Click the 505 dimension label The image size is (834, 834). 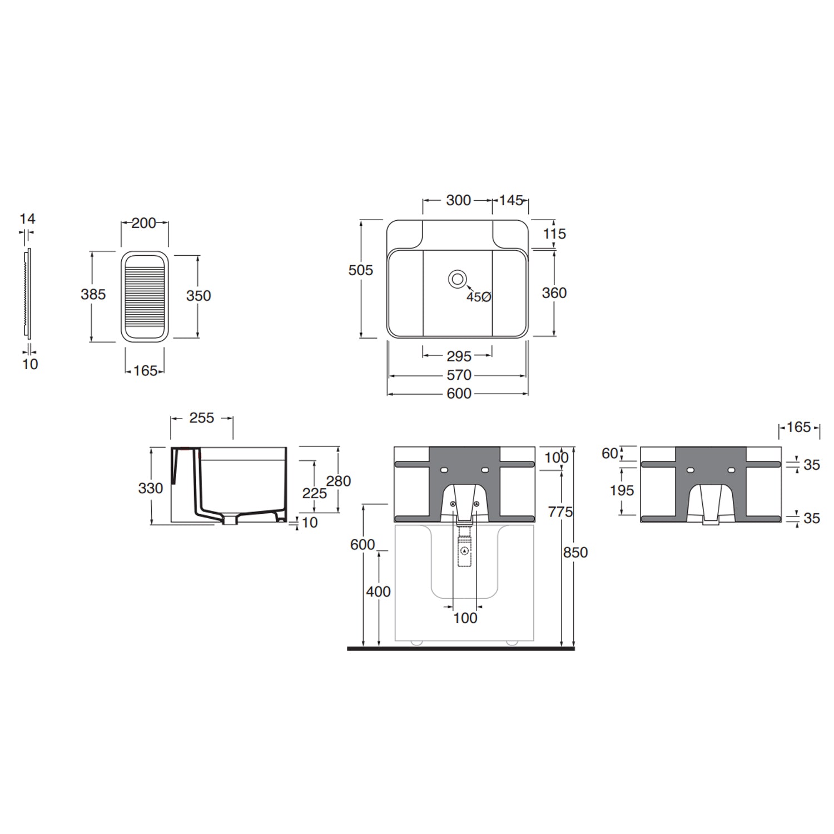tap(360, 270)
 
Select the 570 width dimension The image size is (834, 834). tap(459, 375)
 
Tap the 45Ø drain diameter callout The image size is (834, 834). tap(478, 297)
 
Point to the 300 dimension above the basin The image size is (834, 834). tap(458, 200)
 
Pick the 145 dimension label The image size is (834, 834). tap(510, 200)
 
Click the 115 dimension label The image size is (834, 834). tap(554, 234)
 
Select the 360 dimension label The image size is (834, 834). tap(554, 293)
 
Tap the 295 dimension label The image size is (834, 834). tap(459, 356)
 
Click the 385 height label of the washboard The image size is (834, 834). tap(93, 294)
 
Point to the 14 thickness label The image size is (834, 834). tap(27, 219)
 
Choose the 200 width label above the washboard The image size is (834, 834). tap(143, 223)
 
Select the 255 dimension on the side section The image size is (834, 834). tap(201, 418)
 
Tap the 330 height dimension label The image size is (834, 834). tap(150, 488)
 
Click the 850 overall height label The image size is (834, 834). tap(575, 553)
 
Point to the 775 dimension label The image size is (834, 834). tap(560, 512)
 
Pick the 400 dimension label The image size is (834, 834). tap(378, 592)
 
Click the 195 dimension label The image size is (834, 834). tap(621, 490)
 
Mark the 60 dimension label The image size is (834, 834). tap(609, 454)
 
